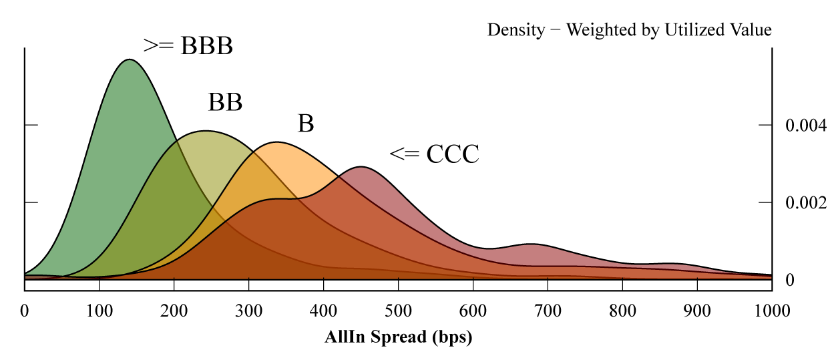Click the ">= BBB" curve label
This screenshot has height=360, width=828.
click(188, 46)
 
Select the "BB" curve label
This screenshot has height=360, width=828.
click(225, 103)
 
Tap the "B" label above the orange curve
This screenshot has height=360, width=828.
click(306, 124)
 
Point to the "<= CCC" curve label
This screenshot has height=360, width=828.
click(435, 155)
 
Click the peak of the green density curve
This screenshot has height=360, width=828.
click(128, 59)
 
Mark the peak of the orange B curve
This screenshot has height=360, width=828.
click(276, 142)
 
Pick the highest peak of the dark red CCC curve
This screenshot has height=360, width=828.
click(361, 166)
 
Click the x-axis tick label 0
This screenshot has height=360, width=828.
click(25, 311)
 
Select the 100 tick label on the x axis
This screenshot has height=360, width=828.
click(99, 311)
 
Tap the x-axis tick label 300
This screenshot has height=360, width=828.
click(249, 311)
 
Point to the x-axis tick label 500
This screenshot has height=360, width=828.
click(399, 311)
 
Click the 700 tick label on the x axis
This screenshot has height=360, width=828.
click(548, 311)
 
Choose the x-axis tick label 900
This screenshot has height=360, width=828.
click(697, 311)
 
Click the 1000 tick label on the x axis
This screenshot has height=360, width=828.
click(772, 311)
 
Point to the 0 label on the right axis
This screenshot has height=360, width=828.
click(789, 280)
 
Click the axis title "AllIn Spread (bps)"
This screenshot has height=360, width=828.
click(399, 337)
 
